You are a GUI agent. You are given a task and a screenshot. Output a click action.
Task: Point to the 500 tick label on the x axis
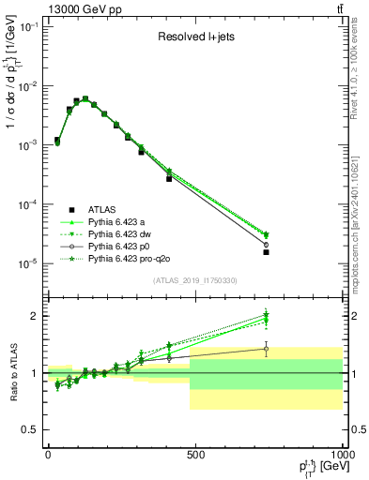(x=195, y=453)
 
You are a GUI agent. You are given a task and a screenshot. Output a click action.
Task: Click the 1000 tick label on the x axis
(x=341, y=453)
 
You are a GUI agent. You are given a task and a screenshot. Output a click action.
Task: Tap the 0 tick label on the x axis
(x=48, y=453)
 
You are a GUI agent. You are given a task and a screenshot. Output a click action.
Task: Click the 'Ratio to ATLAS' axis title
(x=12, y=372)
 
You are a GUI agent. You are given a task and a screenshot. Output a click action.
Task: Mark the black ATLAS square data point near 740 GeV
(x=266, y=252)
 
